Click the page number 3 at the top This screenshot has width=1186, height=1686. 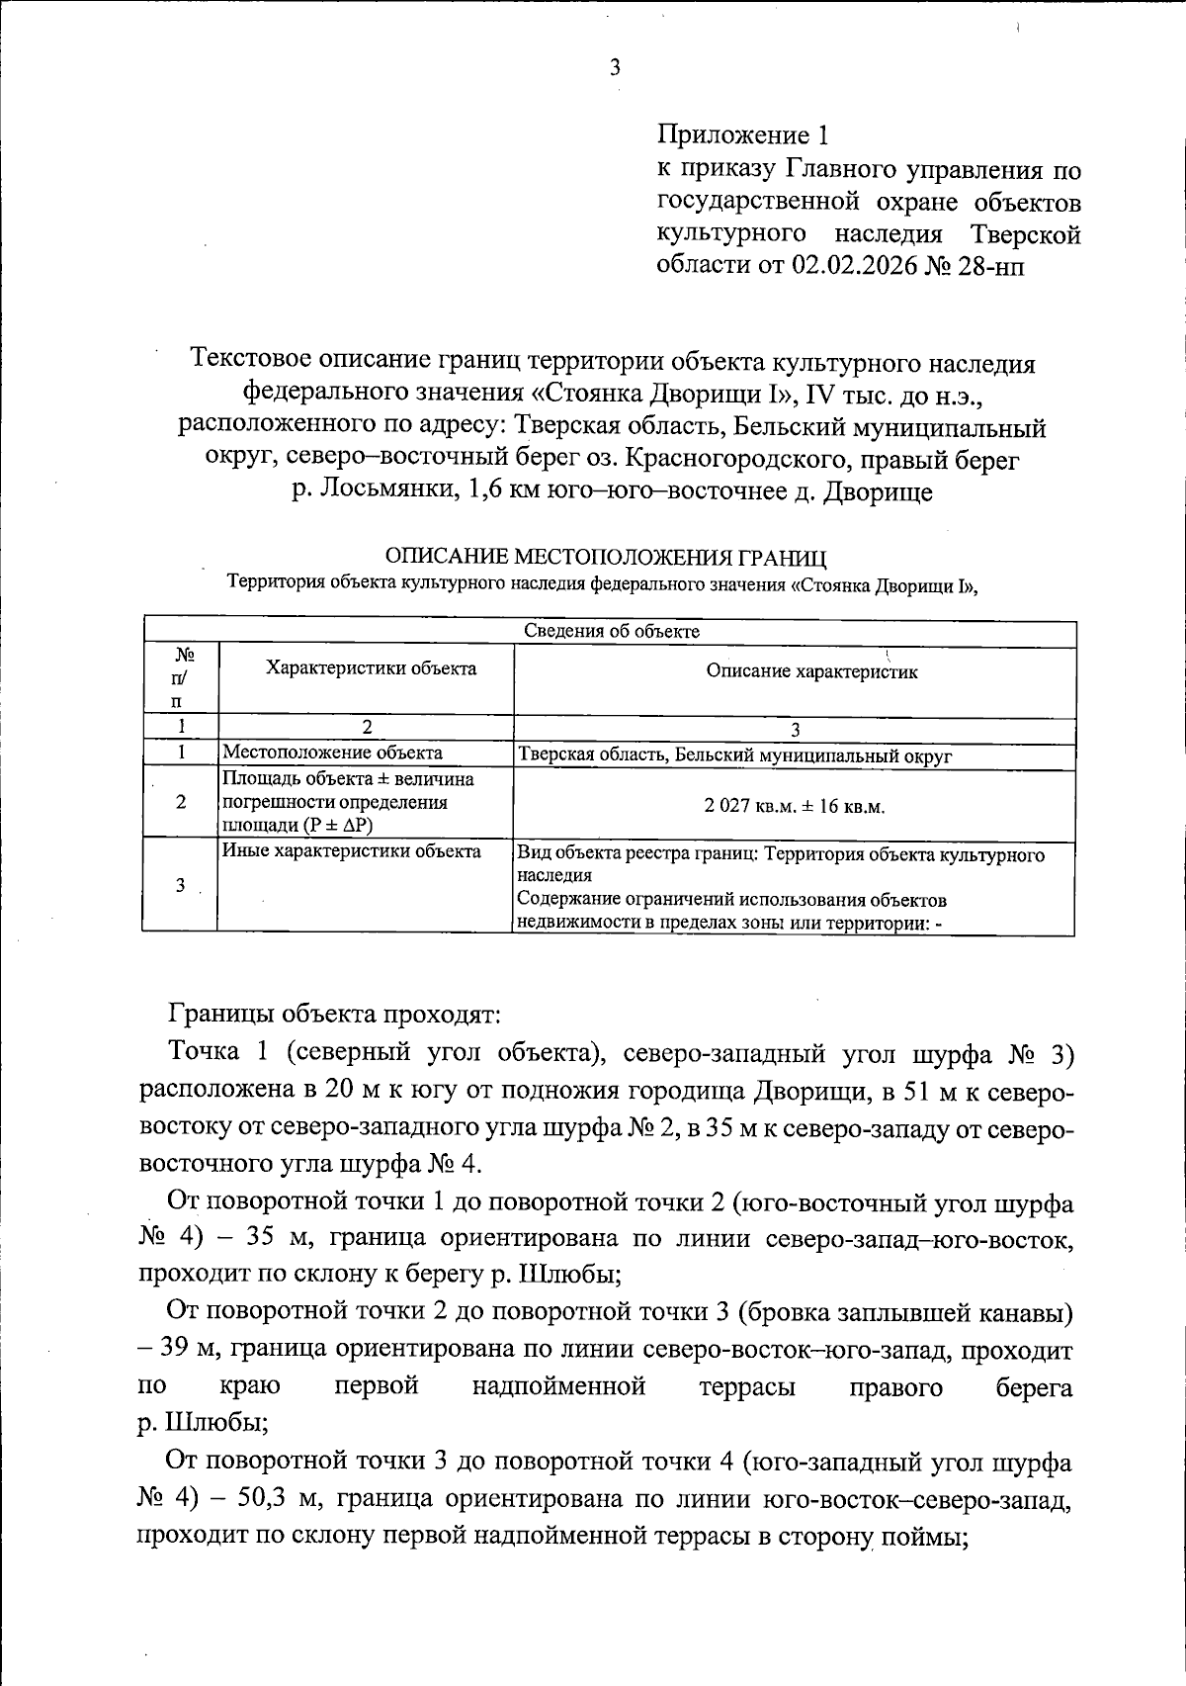click(x=614, y=68)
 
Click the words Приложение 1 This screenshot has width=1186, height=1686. click(x=740, y=135)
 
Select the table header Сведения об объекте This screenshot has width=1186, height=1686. click(x=610, y=631)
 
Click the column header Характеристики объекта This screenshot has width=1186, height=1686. click(x=371, y=668)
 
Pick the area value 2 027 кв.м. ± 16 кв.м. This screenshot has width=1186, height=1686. click(x=794, y=806)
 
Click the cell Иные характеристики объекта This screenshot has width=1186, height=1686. click(x=352, y=851)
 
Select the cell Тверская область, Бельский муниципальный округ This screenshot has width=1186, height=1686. click(x=734, y=756)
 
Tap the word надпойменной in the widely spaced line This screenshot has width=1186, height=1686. click(x=558, y=1386)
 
